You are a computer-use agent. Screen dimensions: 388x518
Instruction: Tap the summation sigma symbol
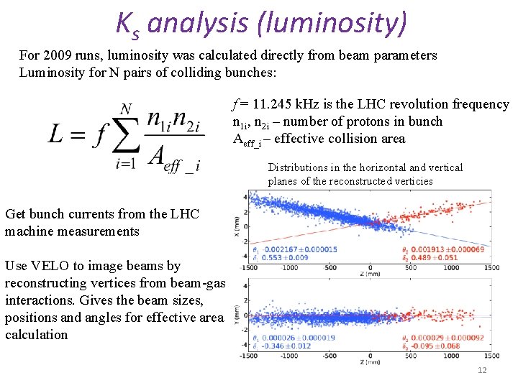coord(116,135)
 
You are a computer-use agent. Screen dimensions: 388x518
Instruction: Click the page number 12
coord(481,369)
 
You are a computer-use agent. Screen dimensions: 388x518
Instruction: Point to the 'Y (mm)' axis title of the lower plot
coord(237,314)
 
